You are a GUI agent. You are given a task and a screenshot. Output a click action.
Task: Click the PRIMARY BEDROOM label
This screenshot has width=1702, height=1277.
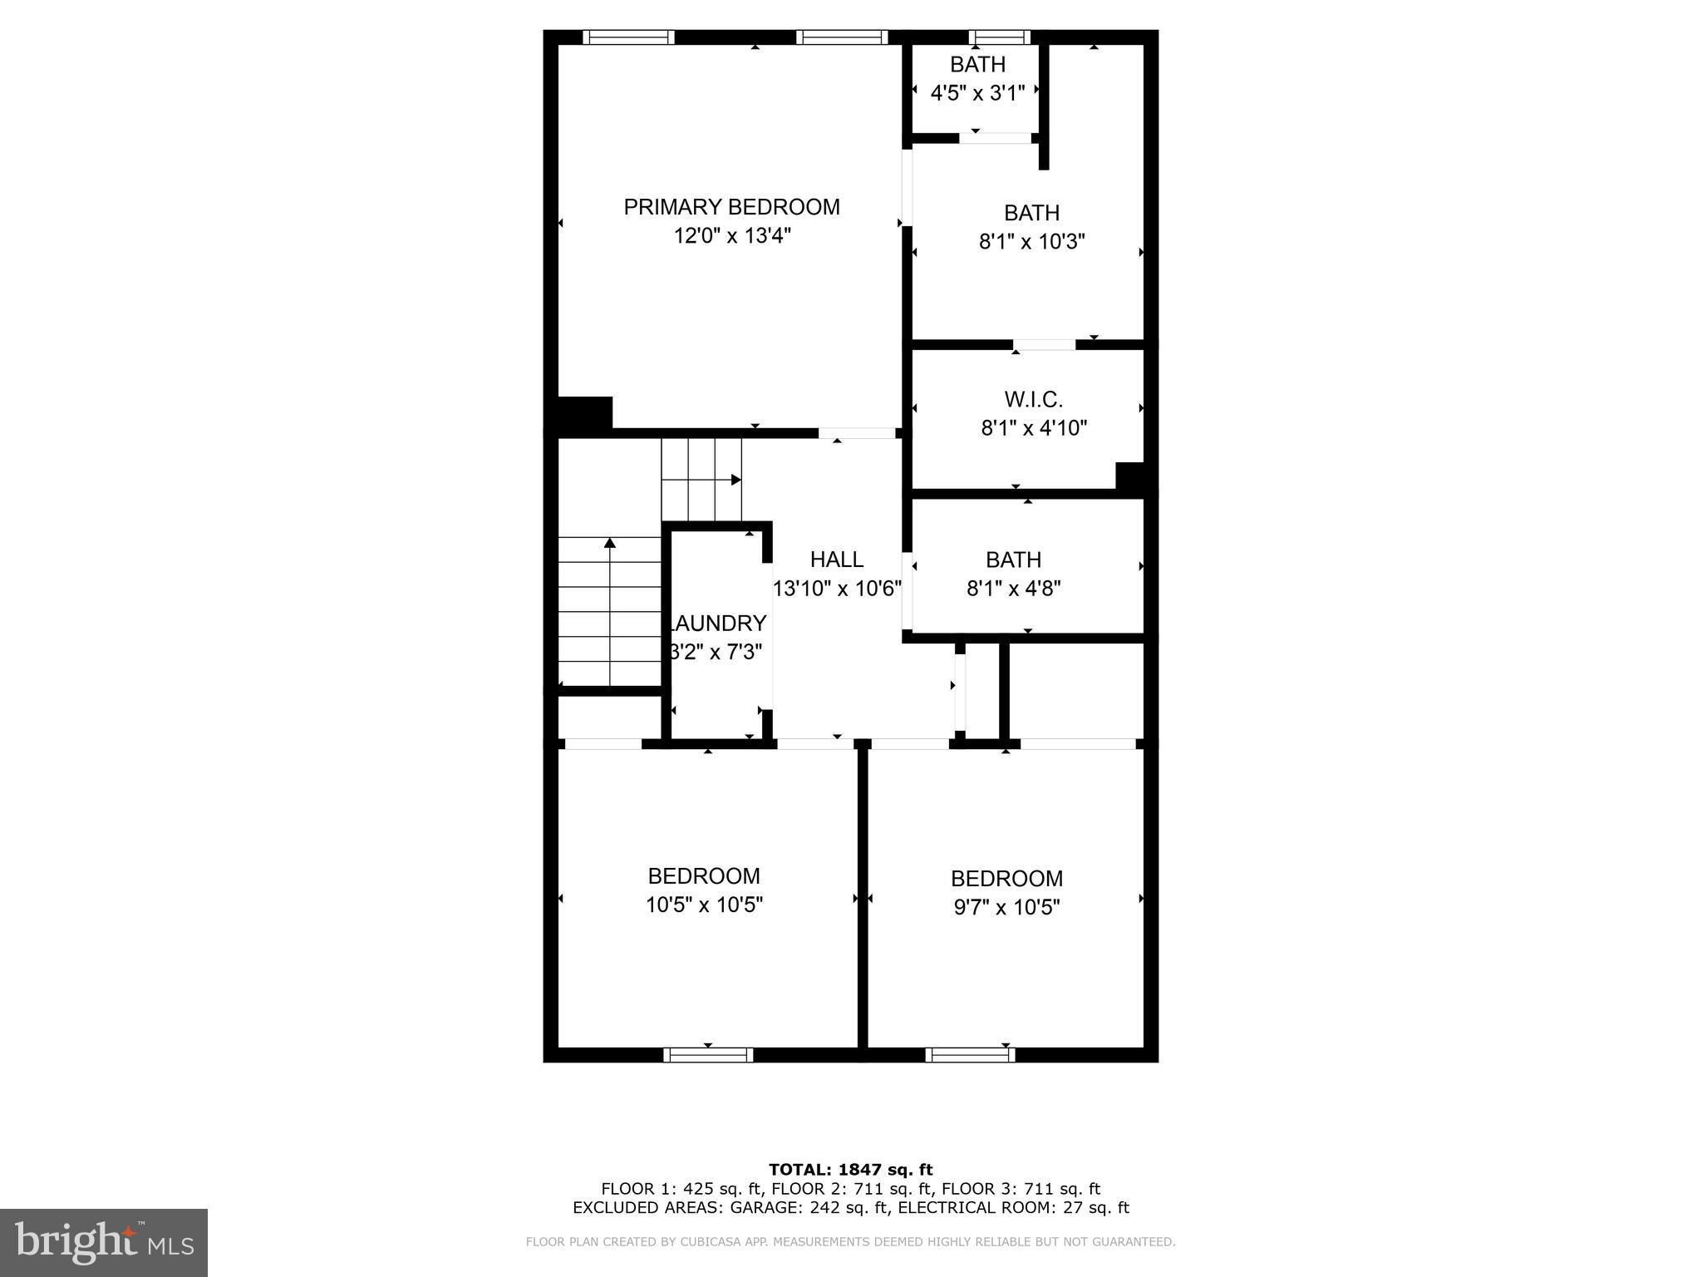pos(731,207)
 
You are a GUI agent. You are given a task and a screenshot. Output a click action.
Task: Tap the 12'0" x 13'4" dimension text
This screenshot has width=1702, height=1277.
pos(731,236)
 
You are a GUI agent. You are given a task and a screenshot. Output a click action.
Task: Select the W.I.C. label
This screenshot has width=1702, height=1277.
pos(1033,400)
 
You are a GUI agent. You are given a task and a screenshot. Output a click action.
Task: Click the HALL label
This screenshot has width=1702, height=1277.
pos(837,560)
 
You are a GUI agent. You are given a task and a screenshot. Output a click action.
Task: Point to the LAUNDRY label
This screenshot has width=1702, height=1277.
pos(718,624)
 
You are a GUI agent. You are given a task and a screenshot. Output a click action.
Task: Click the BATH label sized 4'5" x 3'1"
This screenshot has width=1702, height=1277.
pos(977,65)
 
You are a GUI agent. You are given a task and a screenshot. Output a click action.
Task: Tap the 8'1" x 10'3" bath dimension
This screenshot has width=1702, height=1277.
pos(1031,242)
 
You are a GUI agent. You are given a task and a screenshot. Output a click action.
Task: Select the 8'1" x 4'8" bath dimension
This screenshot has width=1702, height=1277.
pos(1013,589)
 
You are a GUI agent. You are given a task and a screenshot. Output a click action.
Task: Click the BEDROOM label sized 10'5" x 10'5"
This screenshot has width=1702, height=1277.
pos(704,876)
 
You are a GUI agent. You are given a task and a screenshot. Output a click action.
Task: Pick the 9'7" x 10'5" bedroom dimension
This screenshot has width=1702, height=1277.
pos(1006,907)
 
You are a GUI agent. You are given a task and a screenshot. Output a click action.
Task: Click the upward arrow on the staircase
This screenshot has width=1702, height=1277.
pos(610,544)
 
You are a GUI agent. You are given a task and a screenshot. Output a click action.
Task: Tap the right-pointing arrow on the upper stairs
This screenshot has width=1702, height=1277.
pos(735,480)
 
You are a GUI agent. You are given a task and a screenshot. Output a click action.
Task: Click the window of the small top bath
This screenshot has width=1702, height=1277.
pos(1000,37)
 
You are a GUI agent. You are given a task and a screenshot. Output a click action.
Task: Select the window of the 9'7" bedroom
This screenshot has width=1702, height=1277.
pos(970,1054)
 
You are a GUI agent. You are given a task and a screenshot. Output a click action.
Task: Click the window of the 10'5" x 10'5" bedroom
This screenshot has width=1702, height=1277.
pos(708,1054)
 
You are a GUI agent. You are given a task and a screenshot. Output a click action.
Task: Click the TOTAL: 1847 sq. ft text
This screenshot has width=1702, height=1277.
pos(850,1170)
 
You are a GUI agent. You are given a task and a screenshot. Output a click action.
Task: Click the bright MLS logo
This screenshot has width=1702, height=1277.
pos(104,1242)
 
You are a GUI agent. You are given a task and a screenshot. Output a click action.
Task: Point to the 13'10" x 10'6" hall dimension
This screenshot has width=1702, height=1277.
pos(837,589)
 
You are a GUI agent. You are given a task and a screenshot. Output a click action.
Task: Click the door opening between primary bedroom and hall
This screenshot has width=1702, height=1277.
pos(857,433)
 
